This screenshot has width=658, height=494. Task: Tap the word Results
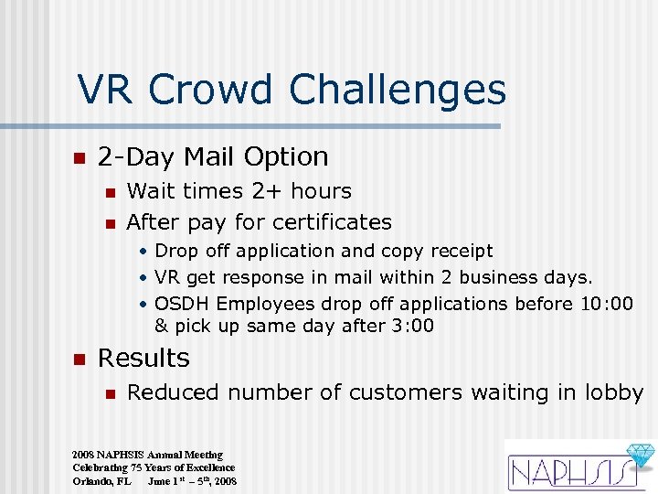pyautogui.click(x=143, y=358)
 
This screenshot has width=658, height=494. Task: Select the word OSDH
pyautogui.click(x=183, y=303)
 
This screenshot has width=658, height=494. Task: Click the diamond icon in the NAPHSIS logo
pyautogui.click(x=640, y=456)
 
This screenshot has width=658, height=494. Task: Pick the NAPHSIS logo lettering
pyautogui.click(x=567, y=472)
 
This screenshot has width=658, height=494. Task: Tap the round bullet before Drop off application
pyautogui.click(x=143, y=252)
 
